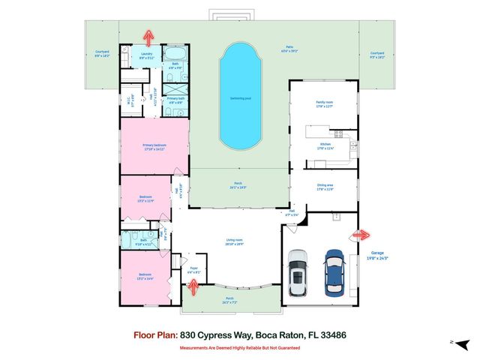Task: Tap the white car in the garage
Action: tap(298, 274)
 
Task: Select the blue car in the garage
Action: tap(334, 274)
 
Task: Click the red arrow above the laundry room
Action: tap(148, 35)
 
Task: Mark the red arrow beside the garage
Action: tap(359, 235)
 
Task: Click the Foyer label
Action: tap(193, 266)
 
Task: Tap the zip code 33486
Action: tap(333, 336)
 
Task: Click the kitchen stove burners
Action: tap(337, 135)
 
